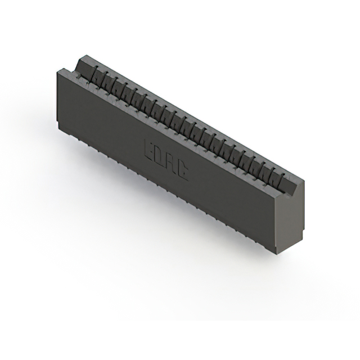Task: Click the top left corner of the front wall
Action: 58,70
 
